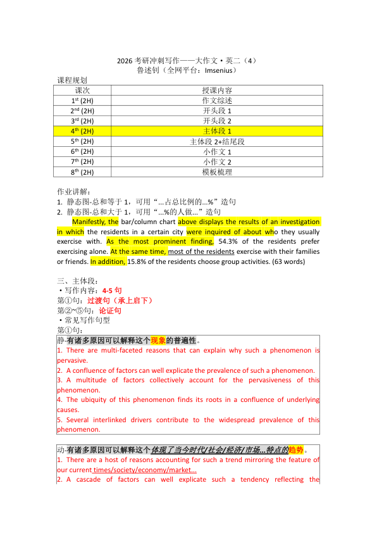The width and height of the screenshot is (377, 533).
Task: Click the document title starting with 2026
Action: pyautogui.click(x=188, y=61)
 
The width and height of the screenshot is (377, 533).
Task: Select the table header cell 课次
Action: pyautogui.click(x=82, y=91)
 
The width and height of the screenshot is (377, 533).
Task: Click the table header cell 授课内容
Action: pyautogui.click(x=217, y=91)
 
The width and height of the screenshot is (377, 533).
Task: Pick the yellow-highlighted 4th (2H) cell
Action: pyautogui.click(x=82, y=131)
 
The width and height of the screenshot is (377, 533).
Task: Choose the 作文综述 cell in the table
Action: pyautogui.click(x=217, y=101)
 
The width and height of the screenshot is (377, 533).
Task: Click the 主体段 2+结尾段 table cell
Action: pyautogui.click(x=217, y=141)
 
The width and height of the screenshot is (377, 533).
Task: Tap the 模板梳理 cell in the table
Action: pyautogui.click(x=217, y=172)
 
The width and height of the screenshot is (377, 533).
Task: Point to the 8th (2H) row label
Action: pyautogui.click(x=82, y=172)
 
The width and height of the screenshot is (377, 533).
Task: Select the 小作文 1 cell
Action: pyautogui.click(x=217, y=151)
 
